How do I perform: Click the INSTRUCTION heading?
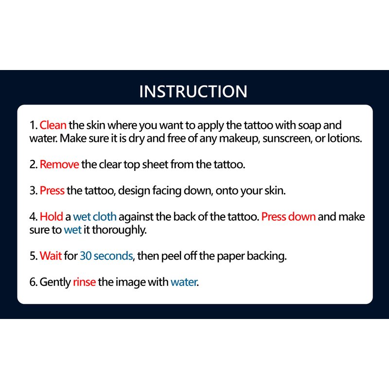pyautogui.click(x=193, y=91)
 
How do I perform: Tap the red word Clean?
pyautogui.click(x=53, y=125)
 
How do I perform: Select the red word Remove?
pyautogui.click(x=59, y=164)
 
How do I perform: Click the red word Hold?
pyautogui.click(x=52, y=216)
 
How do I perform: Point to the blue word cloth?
pyautogui.click(x=105, y=216)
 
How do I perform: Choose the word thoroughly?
pyautogui.click(x=119, y=230)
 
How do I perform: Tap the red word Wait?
pyautogui.click(x=51, y=256)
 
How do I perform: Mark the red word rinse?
pyautogui.click(x=84, y=282)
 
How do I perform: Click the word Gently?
pyautogui.click(x=55, y=283)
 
